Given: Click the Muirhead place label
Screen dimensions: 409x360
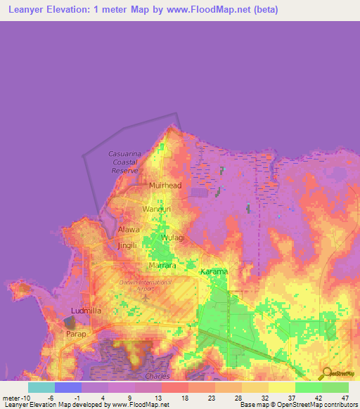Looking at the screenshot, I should coord(165,186).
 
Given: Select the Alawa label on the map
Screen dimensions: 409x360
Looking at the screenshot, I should coord(129,230).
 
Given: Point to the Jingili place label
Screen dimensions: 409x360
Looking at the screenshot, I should coord(127,245).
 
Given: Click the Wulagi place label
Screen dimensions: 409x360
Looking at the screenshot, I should coord(173,238).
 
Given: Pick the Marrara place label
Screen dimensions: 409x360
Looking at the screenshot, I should coord(162,266).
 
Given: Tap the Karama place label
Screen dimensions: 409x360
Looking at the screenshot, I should coord(214,272).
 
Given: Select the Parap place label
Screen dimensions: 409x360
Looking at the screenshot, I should coord(76,334).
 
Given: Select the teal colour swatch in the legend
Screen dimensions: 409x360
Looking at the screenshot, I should coord(41,387).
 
